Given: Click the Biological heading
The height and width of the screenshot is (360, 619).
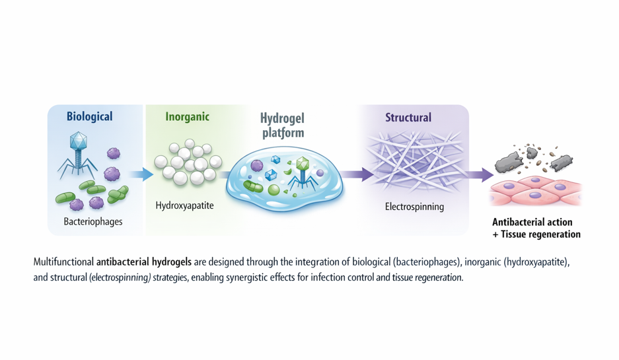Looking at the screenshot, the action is point(89,117).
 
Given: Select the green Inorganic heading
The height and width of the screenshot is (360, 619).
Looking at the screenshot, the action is point(187,117).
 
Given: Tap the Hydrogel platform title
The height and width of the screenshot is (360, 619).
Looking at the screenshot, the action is point(282,126).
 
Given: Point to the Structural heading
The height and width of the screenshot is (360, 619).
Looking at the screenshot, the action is point(408,118).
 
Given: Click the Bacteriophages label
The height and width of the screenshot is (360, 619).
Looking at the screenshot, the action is point(93,221).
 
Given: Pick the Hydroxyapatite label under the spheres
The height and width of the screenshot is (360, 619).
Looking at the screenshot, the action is point(184,205).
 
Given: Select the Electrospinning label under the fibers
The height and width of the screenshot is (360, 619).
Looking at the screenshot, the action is point(414,207).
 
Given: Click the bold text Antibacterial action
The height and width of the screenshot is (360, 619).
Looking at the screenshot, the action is point(532,222).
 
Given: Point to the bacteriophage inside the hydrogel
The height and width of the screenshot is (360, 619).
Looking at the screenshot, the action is point(303,170).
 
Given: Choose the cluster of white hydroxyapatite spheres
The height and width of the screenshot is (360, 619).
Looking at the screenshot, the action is point(186,162).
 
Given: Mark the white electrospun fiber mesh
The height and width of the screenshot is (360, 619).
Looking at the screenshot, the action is point(414,162).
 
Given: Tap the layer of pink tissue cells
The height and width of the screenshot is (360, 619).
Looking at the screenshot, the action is point(535,192).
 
